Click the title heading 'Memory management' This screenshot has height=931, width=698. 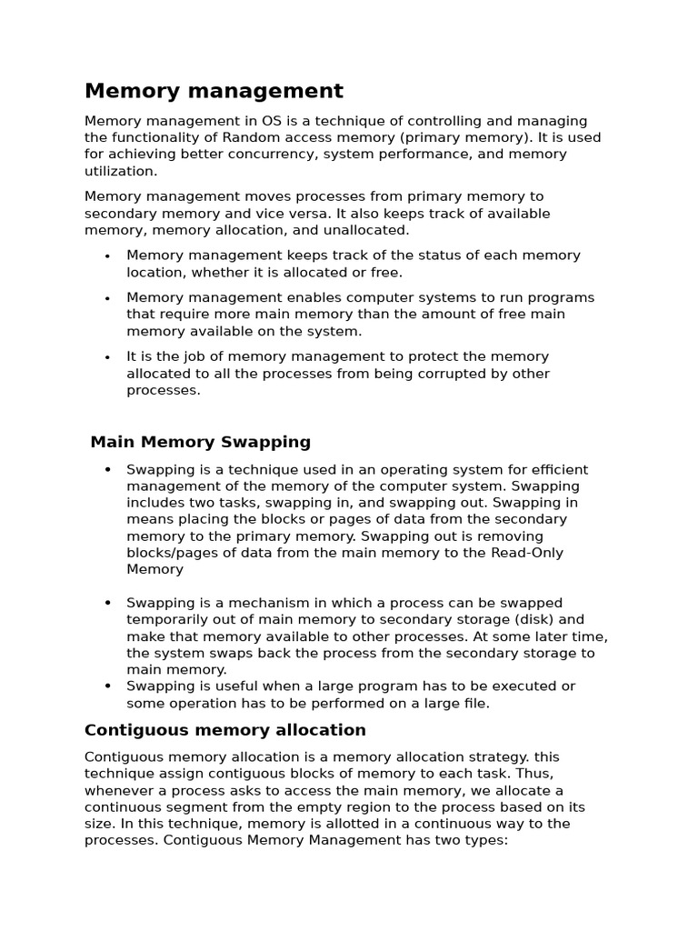pyautogui.click(x=214, y=91)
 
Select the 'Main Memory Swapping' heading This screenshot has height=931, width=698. pyautogui.click(x=200, y=443)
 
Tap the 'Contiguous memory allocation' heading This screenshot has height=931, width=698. pyautogui.click(x=224, y=730)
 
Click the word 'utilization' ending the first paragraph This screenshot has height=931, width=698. pyautogui.click(x=119, y=171)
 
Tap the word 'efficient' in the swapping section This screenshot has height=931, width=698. pyautogui.click(x=556, y=470)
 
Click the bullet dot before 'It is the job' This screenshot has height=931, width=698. pyautogui.click(x=107, y=358)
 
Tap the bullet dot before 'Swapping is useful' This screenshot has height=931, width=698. pyautogui.click(x=107, y=686)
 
